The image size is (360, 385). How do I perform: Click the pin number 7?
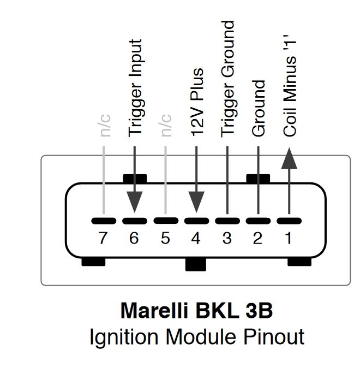tap(103, 238)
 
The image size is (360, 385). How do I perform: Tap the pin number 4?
tap(196, 238)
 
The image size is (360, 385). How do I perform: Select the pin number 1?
tap(289, 238)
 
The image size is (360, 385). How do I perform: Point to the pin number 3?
tap(227, 238)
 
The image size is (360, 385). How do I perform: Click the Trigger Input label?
tap(135, 88)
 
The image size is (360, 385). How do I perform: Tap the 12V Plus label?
tap(197, 102)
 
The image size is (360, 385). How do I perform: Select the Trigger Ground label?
tap(228, 79)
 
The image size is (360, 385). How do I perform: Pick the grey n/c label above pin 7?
tap(105, 126)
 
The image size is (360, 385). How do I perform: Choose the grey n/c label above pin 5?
tap(166, 126)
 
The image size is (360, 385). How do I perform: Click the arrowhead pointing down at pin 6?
tap(135, 202)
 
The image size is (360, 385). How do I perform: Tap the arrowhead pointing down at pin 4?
tap(196, 202)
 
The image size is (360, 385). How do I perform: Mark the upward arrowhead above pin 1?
tap(289, 158)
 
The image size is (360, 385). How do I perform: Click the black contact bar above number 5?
tap(166, 221)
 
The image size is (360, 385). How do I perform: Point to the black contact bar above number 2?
tap(258, 221)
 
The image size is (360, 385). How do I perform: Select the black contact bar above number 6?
tap(135, 221)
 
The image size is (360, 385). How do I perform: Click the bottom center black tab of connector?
tap(196, 264)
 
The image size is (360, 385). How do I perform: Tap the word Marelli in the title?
tap(154, 310)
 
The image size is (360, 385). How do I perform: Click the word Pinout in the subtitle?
tap(274, 336)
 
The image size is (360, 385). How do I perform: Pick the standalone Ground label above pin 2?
tap(259, 108)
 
